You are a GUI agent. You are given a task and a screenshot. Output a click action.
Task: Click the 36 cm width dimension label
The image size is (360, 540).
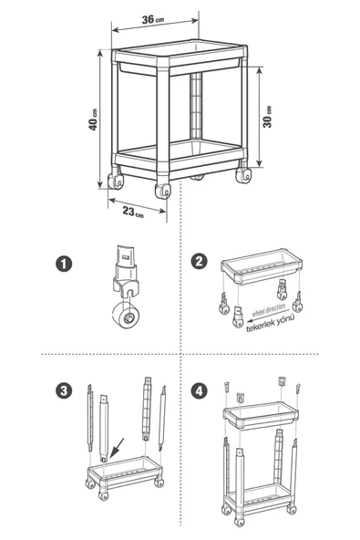point(153,19)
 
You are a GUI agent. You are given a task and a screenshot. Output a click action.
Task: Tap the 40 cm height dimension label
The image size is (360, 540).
point(93,119)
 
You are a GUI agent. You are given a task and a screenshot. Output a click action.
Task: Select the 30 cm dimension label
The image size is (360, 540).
point(267,117)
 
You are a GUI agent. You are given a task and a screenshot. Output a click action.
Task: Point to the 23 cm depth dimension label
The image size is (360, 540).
point(133,212)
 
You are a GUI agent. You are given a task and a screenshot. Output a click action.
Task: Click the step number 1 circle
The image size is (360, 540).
point(64,264)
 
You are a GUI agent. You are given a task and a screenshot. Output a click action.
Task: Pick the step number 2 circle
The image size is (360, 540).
point(200,262)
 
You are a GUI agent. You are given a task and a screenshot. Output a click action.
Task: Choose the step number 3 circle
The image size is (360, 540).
point(64,391)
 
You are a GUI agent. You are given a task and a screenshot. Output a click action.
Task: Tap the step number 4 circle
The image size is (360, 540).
point(200,391)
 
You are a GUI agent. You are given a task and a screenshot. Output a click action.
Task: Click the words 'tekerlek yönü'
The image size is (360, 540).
point(271,323)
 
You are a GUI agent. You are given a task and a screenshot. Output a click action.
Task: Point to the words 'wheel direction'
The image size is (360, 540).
point(269,309)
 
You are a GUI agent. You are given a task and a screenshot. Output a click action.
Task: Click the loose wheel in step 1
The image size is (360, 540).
point(126,315)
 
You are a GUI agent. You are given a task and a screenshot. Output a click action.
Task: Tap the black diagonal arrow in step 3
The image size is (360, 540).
point(117,449)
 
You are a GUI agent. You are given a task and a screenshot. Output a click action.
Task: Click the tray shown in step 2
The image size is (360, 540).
point(262,267)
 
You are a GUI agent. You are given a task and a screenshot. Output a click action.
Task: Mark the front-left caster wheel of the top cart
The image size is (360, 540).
point(163,191)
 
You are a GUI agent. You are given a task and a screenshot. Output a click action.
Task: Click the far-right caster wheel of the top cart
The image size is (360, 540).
point(243,175)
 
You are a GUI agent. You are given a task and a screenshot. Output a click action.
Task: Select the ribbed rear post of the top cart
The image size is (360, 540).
point(196,106)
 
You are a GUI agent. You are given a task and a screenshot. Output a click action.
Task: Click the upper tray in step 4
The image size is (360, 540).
point(261,415)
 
